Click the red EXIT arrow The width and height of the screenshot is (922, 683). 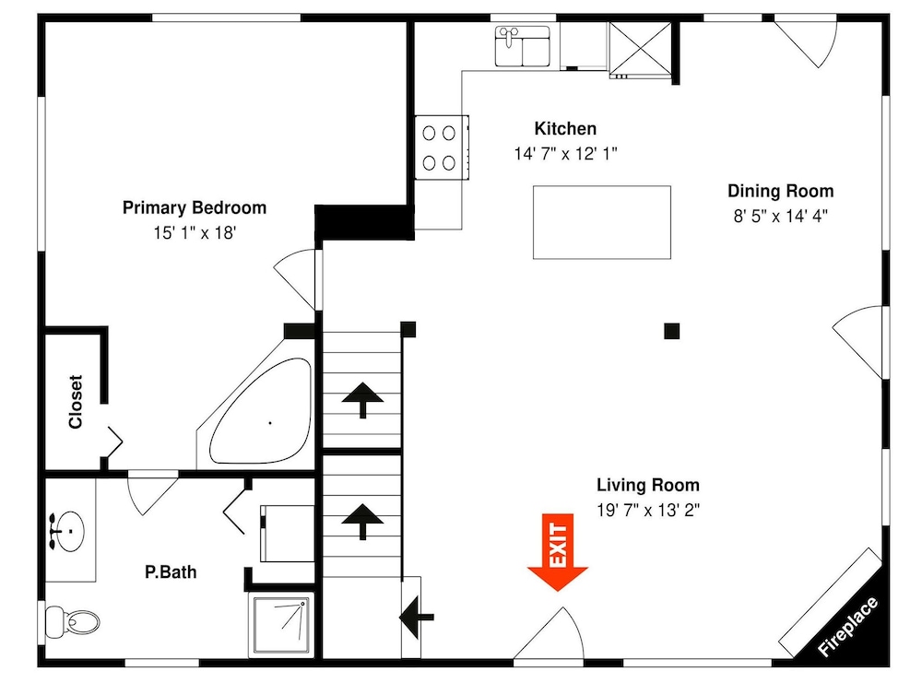tap(558, 552)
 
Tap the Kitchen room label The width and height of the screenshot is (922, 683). tap(565, 128)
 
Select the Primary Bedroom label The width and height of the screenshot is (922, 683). tap(194, 207)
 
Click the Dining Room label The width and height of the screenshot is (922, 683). tap(780, 191)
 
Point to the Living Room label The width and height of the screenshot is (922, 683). tap(648, 485)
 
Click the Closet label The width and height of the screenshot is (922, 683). tap(76, 402)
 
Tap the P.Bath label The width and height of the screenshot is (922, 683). tap(171, 571)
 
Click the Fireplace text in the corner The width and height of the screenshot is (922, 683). tap(847, 626)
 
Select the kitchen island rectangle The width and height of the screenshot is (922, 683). tap(601, 222)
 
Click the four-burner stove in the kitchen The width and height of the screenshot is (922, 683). tap(442, 147)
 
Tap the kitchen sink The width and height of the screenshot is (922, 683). tap(523, 46)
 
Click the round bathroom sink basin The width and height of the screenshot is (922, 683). tap(66, 531)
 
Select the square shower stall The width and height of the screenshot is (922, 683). tap(281, 625)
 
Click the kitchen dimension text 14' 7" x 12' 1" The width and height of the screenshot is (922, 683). tap(565, 154)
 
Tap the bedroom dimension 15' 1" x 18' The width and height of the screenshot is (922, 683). tap(195, 233)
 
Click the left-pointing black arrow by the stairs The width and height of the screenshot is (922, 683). tap(417, 618)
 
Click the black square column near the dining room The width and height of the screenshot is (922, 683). tap(671, 331)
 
